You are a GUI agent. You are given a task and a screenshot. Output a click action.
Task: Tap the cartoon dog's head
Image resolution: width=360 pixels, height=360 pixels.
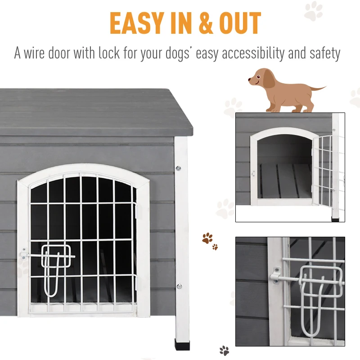pyautogui.click(x=259, y=79)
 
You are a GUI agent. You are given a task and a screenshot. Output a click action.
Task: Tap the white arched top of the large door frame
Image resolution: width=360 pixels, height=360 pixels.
pyautogui.click(x=83, y=170)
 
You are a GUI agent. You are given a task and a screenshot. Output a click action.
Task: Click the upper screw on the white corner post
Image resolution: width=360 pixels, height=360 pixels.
pyautogui.click(x=179, y=169)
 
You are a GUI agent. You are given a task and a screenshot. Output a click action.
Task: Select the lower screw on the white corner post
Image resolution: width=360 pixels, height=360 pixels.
pyautogui.click(x=179, y=286)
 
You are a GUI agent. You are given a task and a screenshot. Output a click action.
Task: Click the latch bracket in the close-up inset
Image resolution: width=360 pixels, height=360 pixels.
pyautogui.click(x=274, y=274)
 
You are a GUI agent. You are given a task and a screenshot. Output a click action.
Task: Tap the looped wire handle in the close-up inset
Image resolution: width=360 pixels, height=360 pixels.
pyautogui.click(x=315, y=292)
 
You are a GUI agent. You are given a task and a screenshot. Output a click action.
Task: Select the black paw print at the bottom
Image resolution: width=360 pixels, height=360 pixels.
pyautogui.click(x=224, y=350)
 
